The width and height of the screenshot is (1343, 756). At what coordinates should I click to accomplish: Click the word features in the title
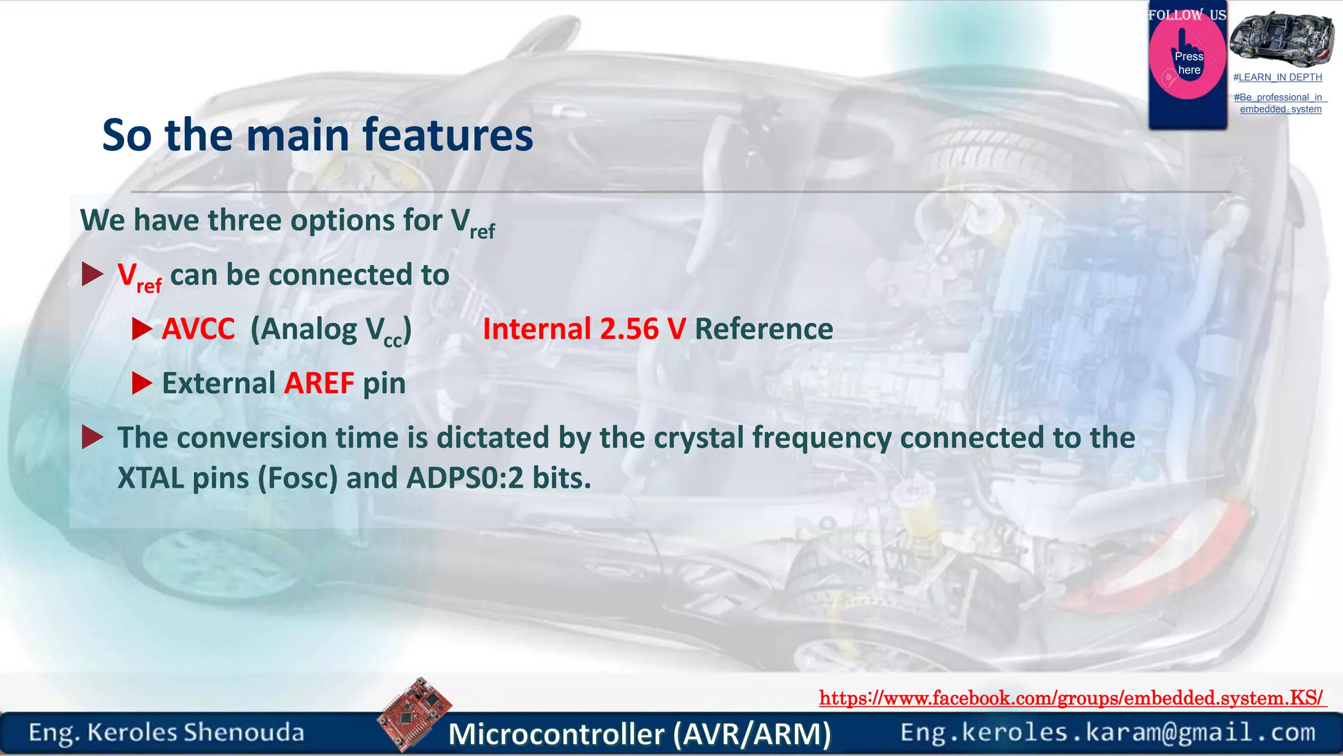(x=447, y=135)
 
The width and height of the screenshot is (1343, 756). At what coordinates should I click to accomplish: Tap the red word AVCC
(x=198, y=329)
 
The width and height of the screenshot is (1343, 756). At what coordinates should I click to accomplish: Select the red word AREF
(x=319, y=383)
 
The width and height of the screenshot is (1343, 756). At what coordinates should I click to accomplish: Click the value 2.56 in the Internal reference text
(x=629, y=329)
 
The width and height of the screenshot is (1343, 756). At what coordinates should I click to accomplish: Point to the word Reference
(x=763, y=329)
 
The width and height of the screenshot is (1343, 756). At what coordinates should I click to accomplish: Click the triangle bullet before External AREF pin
(x=142, y=383)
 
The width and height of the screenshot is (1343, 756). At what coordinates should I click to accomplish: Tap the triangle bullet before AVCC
(x=142, y=329)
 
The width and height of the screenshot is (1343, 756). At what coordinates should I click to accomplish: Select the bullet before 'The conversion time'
(x=92, y=437)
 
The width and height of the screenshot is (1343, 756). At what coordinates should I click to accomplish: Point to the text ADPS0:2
(x=465, y=478)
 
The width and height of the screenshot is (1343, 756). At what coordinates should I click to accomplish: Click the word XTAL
(x=150, y=478)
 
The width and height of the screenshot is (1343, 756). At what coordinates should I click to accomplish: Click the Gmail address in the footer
(x=1108, y=732)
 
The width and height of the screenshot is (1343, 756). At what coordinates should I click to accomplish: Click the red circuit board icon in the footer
(x=414, y=714)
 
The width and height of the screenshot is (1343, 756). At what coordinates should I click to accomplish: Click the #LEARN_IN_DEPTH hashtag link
(x=1277, y=77)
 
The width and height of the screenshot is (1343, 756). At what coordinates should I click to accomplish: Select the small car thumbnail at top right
(x=1281, y=38)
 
